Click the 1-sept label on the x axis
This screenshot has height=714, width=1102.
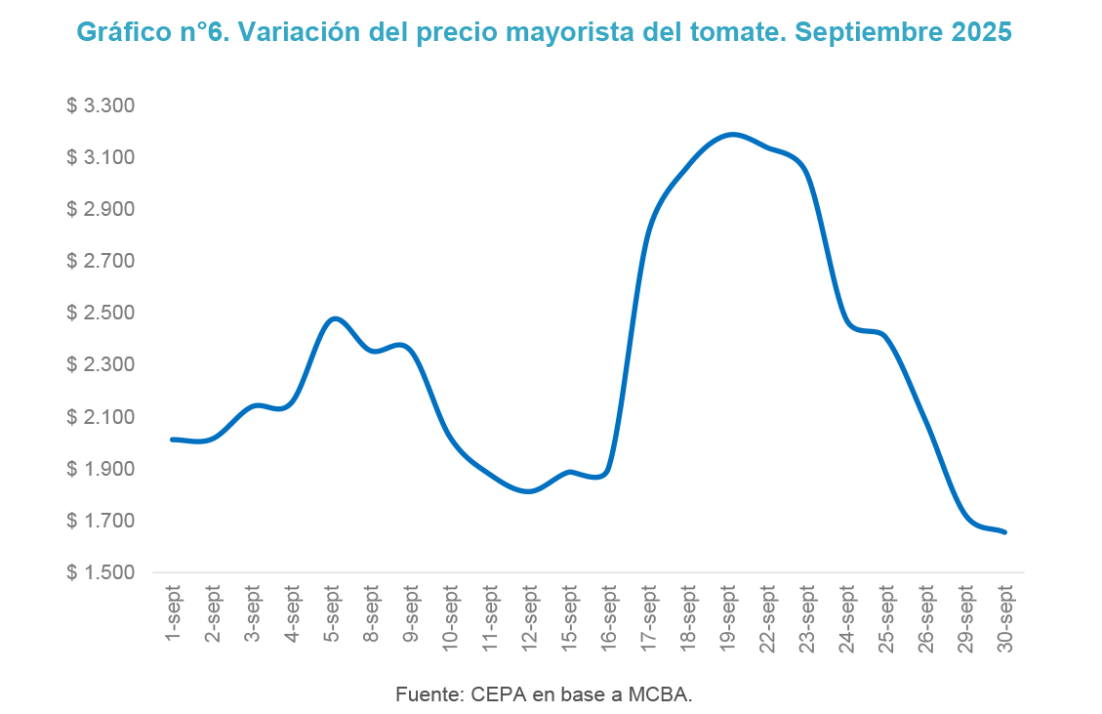click(174, 613)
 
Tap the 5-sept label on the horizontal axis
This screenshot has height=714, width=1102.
click(332, 613)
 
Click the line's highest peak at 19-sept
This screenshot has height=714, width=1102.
click(732, 134)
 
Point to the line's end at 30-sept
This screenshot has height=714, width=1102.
click(1005, 532)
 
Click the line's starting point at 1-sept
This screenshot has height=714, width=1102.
click(173, 440)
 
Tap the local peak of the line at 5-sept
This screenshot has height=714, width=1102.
click(333, 318)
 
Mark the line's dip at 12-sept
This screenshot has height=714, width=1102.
click(529, 491)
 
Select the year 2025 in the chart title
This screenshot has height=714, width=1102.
click(980, 32)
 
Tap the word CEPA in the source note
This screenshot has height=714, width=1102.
click(498, 695)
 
